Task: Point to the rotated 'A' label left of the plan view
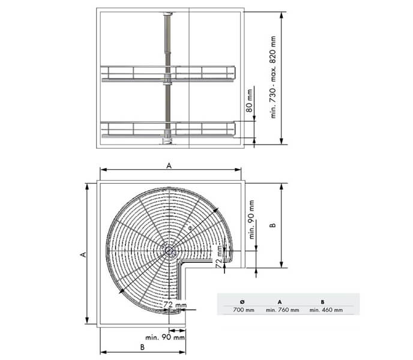tap(83, 254)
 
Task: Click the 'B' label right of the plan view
tap(273, 226)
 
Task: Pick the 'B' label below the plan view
tap(142, 347)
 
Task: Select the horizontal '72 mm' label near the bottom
tap(173, 305)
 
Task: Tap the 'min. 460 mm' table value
tap(326, 310)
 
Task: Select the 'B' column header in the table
tap(322, 302)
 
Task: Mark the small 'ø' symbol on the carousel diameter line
tap(190, 229)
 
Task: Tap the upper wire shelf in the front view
tap(168, 73)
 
